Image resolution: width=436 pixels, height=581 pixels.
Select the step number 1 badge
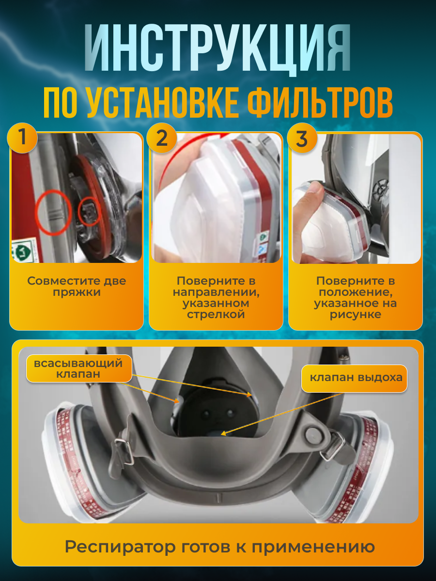tap(22, 138)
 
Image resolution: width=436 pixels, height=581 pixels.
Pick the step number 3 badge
tap(301, 138)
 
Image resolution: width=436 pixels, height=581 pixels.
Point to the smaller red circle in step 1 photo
tap(90, 212)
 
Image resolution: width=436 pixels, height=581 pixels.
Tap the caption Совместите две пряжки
tap(77, 287)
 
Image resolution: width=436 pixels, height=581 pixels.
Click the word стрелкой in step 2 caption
tap(216, 314)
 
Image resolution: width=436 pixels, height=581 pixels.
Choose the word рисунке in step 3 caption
tap(355, 314)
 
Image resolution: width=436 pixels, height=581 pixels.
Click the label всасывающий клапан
tap(75, 368)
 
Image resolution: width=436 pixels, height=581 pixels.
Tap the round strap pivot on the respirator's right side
tap(311, 431)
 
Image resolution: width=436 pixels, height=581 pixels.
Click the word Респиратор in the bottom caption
tap(121, 547)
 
